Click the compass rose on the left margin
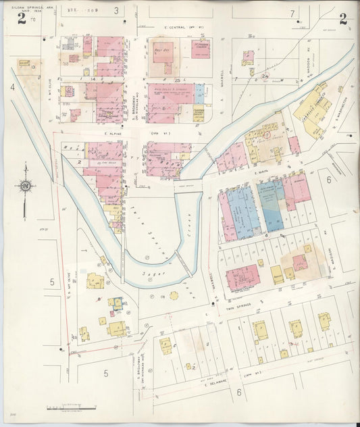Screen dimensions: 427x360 [x=25, y=185]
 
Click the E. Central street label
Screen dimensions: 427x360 [x=174, y=28]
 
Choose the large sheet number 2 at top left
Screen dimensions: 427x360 [x=22, y=19]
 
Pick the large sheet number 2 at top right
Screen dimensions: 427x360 [x=343, y=19]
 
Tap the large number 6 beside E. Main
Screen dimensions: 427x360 [x=329, y=180]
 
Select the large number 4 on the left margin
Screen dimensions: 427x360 [x=12, y=87]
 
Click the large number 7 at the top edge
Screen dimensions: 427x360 [x=292, y=13]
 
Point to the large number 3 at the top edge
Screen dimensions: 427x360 [x=116, y=11]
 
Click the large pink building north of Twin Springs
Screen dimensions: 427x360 [x=242, y=278]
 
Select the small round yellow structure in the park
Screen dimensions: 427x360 [x=173, y=296]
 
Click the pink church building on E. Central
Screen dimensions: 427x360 [x=200, y=49]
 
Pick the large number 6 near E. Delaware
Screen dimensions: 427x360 [x=238, y=391]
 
